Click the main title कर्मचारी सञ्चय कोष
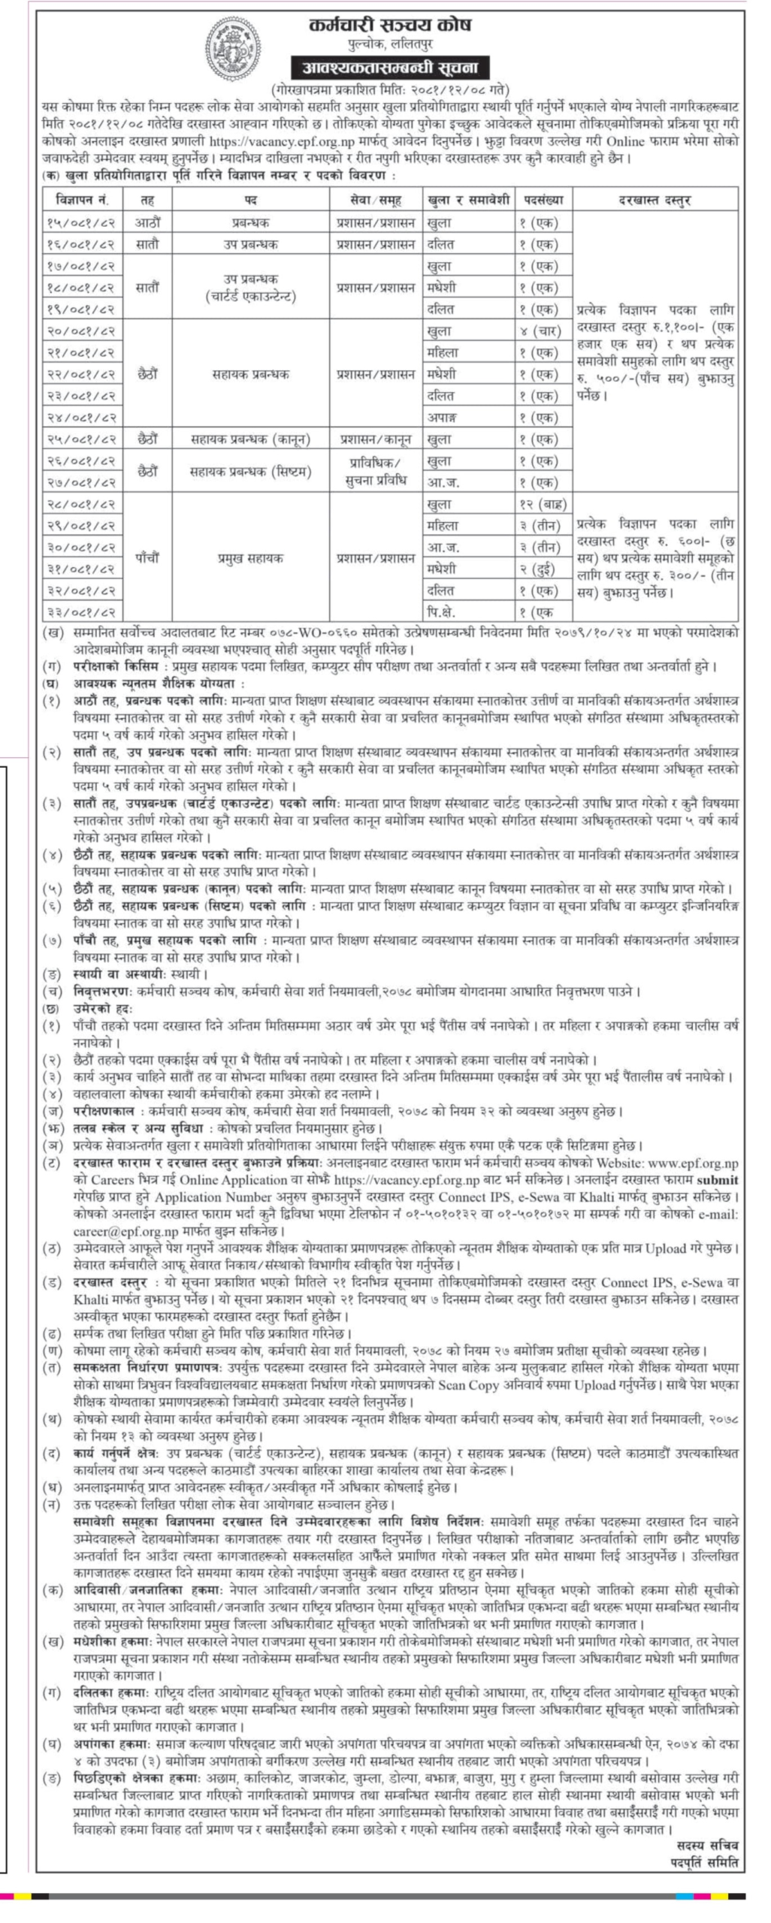pyautogui.click(x=390, y=26)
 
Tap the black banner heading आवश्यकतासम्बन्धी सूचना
pyautogui.click(x=390, y=68)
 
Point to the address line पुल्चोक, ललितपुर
pyautogui.click(x=390, y=46)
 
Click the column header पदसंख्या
pyautogui.click(x=543, y=201)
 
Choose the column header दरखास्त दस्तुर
pyautogui.click(x=655, y=201)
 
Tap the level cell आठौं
pyautogui.click(x=148, y=222)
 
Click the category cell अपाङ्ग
pyautogui.click(x=441, y=417)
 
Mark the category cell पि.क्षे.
pyautogui.click(x=441, y=611)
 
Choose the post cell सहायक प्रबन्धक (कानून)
pyautogui.click(x=251, y=439)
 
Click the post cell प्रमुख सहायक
pyautogui.click(x=251, y=558)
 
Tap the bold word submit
pyautogui.click(x=718, y=1180)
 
